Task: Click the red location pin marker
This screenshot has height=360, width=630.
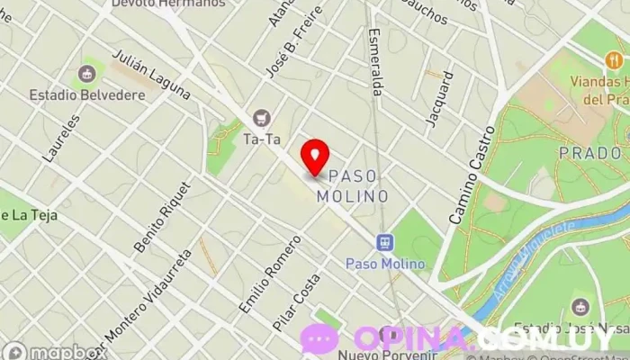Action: pos(314,157)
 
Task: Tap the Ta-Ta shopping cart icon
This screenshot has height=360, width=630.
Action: pos(262,117)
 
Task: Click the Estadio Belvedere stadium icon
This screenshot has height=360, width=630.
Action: pos(88,73)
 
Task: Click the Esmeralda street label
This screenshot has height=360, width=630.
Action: pos(377,61)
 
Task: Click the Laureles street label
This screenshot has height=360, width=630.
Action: pos(61,138)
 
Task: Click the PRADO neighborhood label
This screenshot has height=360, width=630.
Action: pos(589,153)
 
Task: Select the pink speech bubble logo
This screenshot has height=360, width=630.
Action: pos(319,338)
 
